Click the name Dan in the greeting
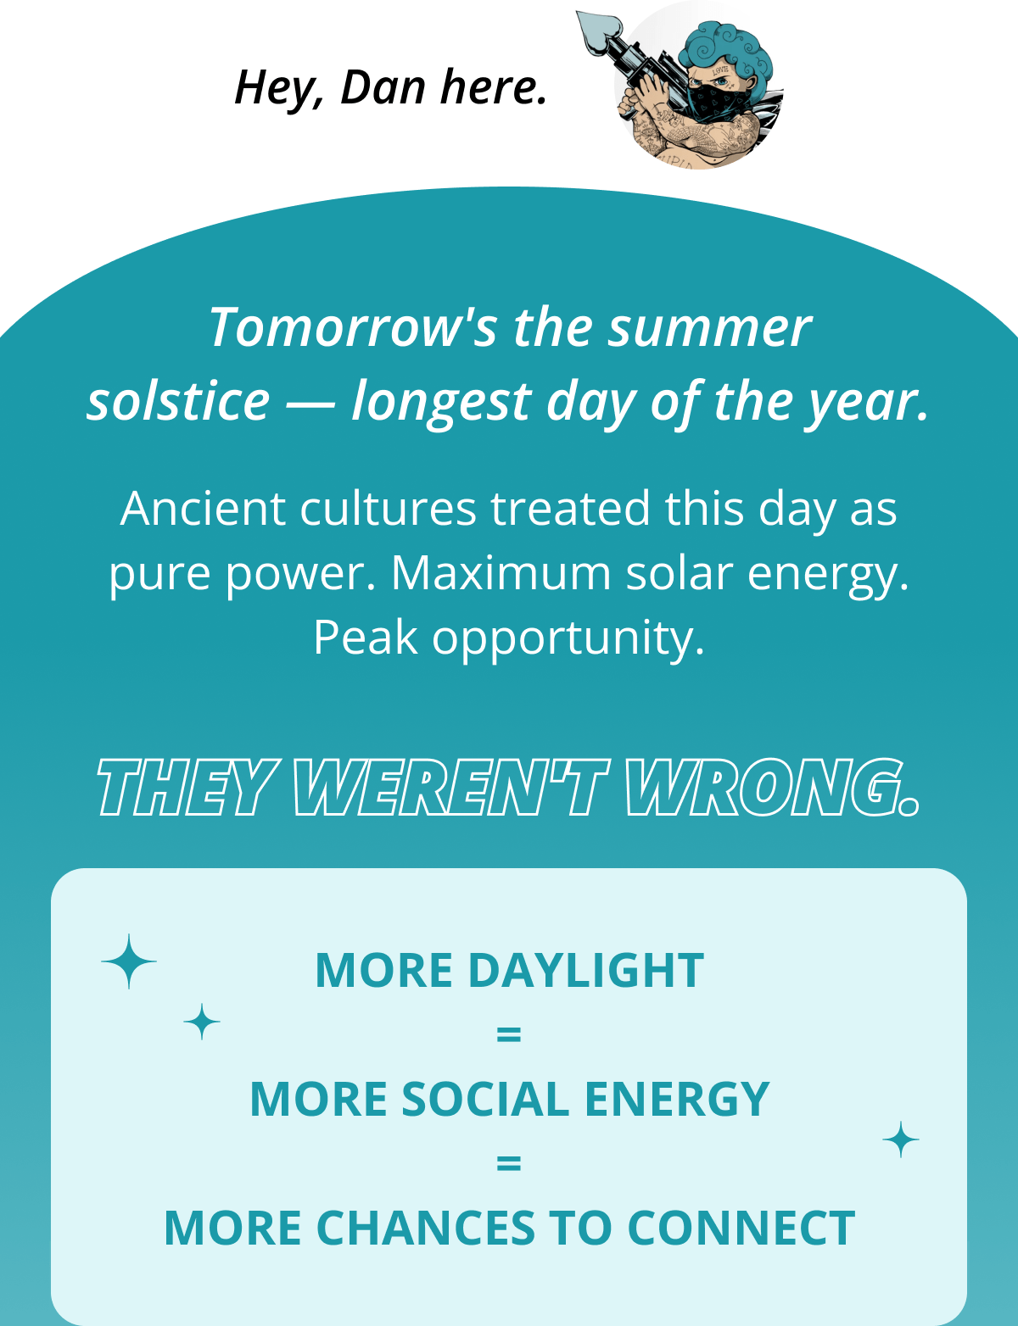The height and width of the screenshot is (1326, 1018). (x=383, y=87)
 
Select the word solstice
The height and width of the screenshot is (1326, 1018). (x=178, y=401)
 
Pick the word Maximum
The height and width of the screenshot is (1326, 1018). (x=501, y=573)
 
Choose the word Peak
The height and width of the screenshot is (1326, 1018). (x=365, y=638)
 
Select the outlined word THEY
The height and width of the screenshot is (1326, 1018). (x=187, y=788)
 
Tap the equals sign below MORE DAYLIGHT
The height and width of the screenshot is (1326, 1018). (x=508, y=1035)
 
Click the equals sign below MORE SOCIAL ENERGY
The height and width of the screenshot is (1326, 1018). (x=508, y=1164)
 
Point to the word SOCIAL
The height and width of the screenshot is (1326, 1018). (x=484, y=1100)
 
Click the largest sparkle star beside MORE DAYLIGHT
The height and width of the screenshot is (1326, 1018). (x=129, y=961)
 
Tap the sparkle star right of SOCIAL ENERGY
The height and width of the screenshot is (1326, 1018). (x=901, y=1139)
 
